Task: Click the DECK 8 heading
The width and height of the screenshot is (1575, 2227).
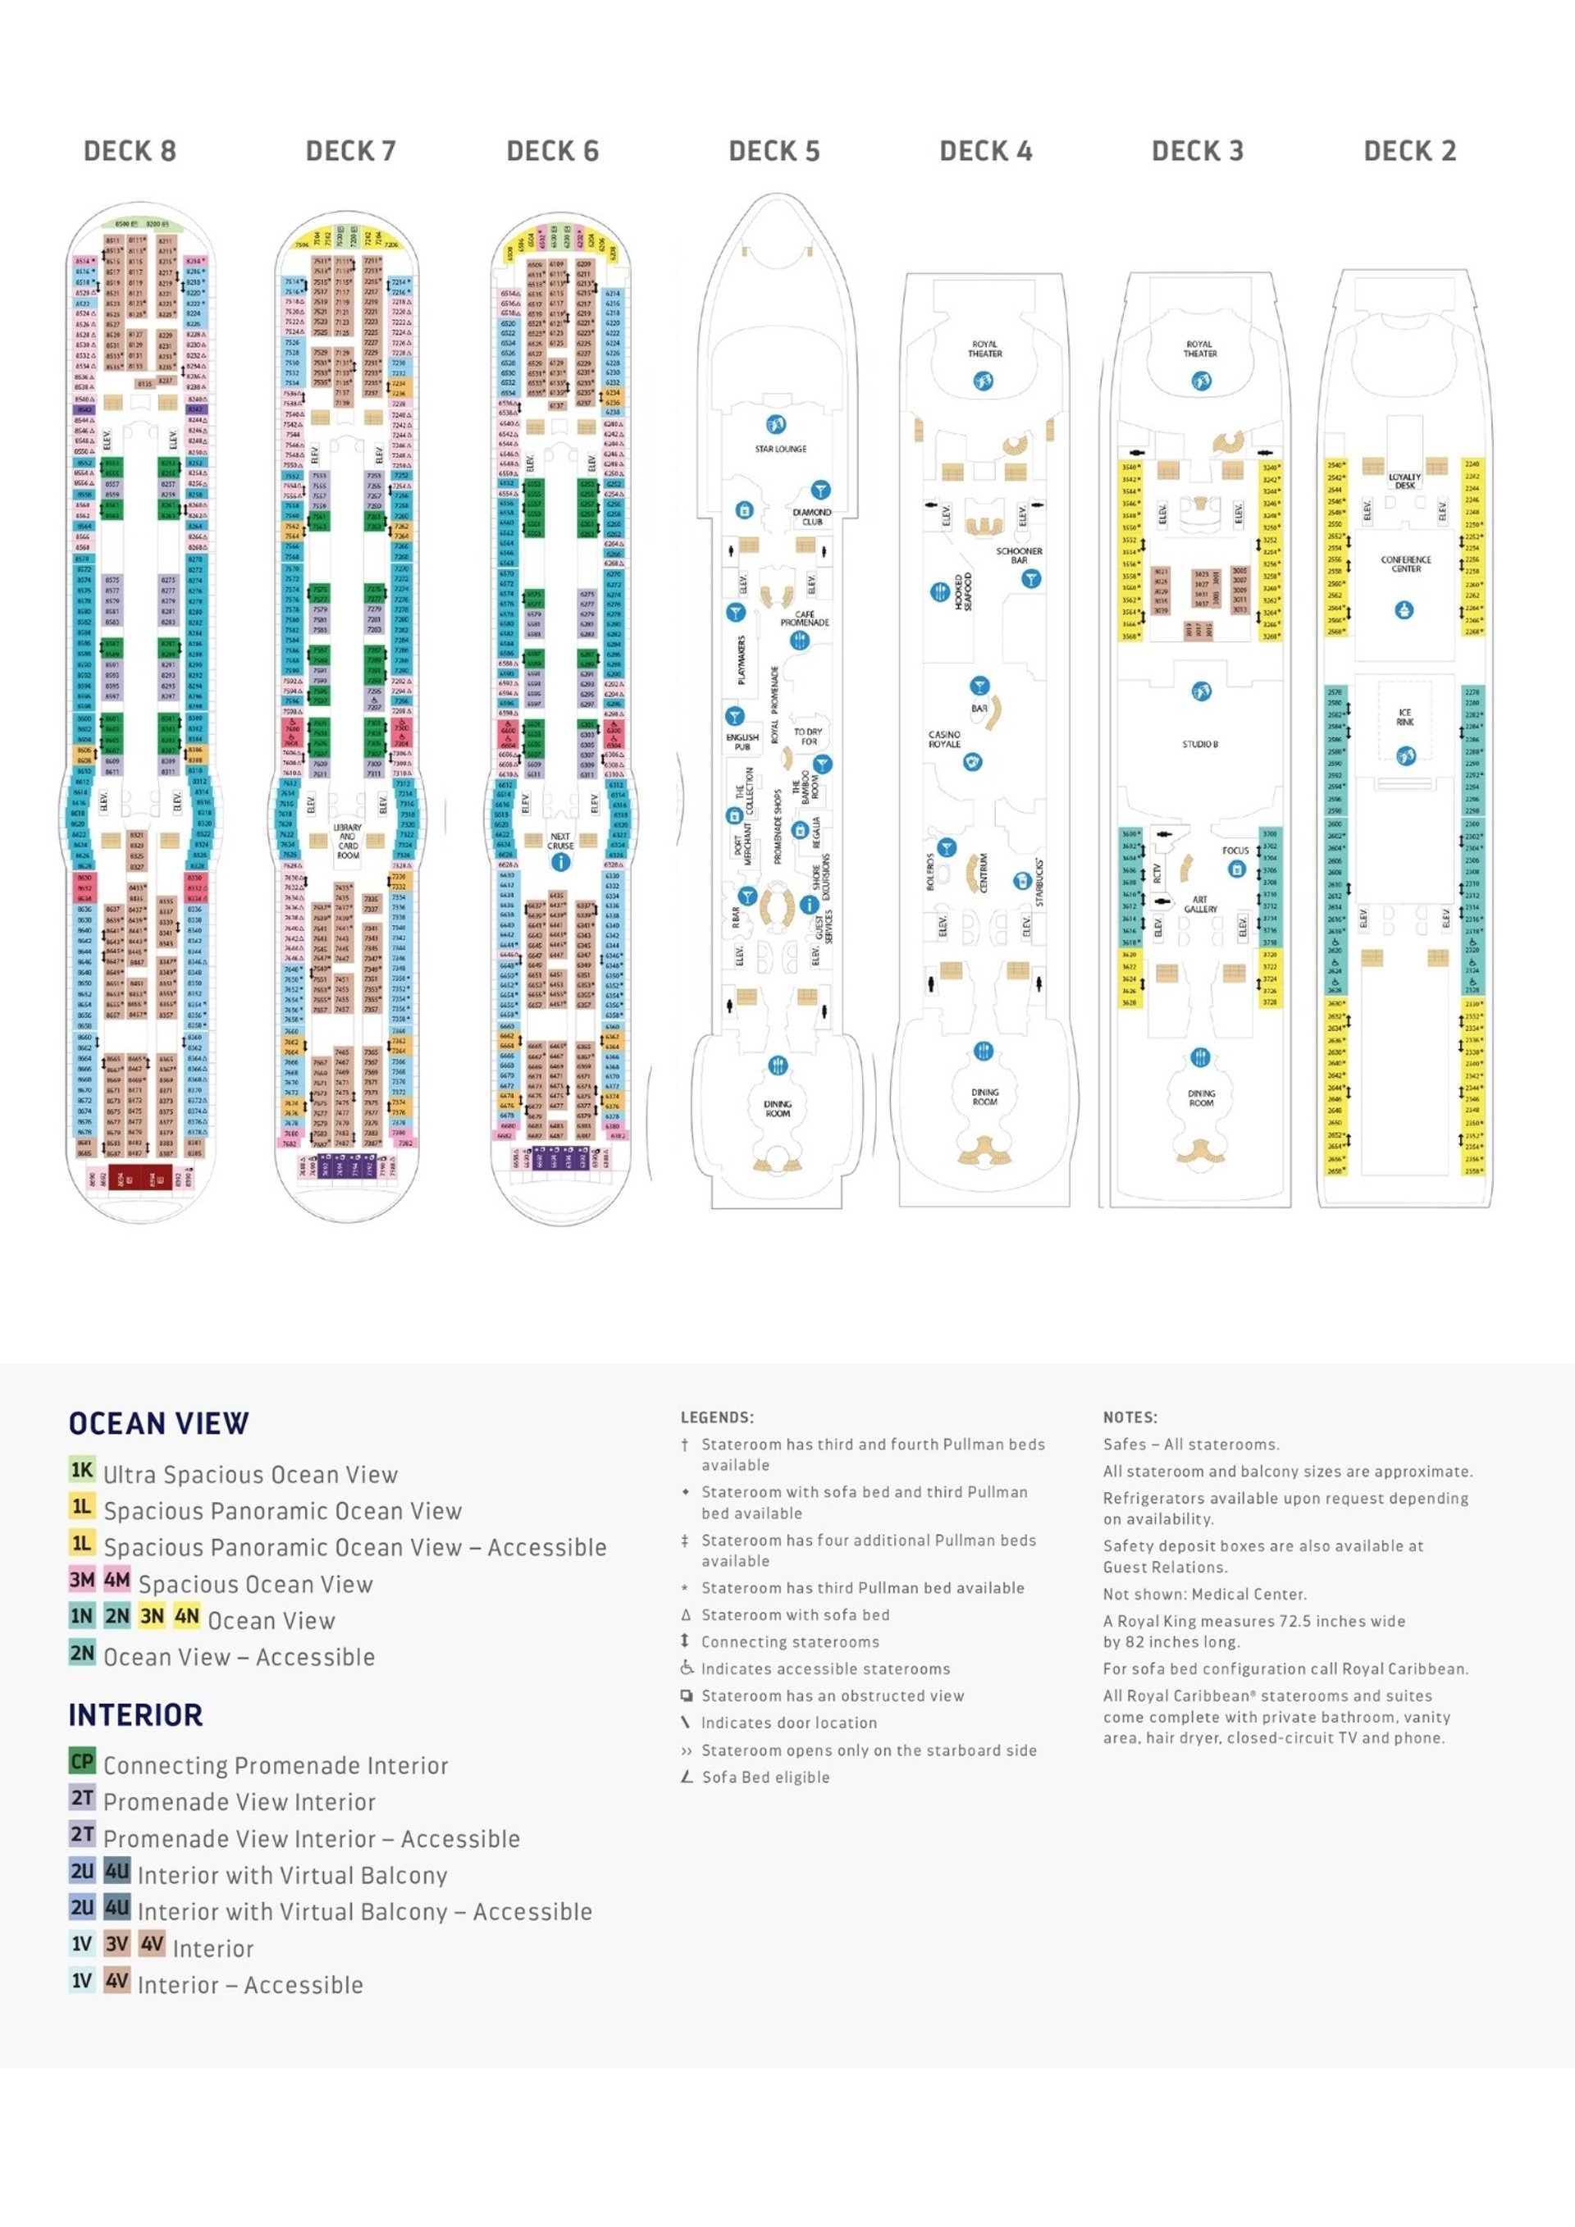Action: pyautogui.click(x=129, y=151)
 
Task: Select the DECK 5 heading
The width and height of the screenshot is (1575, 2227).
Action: pyautogui.click(x=774, y=151)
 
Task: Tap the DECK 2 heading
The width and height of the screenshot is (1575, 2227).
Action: pyautogui.click(x=1409, y=151)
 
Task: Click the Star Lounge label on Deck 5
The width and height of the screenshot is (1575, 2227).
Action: pyautogui.click(x=781, y=449)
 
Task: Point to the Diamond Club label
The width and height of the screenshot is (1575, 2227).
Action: pyautogui.click(x=812, y=517)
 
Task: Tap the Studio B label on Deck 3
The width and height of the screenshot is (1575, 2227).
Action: pyautogui.click(x=1199, y=744)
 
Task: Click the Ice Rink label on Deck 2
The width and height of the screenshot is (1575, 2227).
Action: pyautogui.click(x=1404, y=717)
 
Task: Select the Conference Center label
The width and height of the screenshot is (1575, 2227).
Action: pyautogui.click(x=1405, y=564)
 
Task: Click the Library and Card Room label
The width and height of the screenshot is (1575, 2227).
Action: pyautogui.click(x=347, y=841)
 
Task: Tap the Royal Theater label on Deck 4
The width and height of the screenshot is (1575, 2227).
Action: pyautogui.click(x=984, y=349)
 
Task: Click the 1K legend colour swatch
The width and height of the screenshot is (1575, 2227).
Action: pyautogui.click(x=82, y=1469)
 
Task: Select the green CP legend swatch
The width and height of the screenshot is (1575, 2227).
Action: pyautogui.click(x=82, y=1760)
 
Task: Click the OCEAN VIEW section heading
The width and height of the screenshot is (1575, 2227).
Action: pyautogui.click(x=159, y=1423)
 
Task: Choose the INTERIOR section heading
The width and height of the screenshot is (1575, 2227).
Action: pyautogui.click(x=136, y=1715)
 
